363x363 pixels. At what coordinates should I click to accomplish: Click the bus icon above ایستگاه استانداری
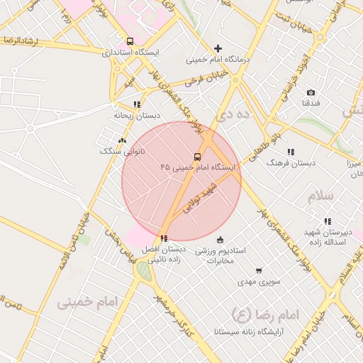pos(129,41)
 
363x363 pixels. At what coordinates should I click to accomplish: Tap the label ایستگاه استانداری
pos(131,53)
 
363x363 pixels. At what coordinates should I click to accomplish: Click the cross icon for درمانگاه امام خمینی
pos(218,48)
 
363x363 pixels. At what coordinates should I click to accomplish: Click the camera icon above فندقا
pos(311,93)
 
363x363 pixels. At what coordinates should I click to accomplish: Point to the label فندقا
pos(311,104)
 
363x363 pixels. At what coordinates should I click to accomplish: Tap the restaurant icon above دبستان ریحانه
pos(137,104)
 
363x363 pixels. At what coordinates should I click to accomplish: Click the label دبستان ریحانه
pos(137,115)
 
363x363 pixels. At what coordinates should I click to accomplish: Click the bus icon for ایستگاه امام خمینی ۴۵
pos(196,157)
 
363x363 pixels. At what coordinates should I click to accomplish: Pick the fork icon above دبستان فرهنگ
pos(291,152)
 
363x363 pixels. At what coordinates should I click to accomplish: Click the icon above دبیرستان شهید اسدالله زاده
pos(327,221)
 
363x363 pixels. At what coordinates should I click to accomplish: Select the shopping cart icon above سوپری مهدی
pos(259,270)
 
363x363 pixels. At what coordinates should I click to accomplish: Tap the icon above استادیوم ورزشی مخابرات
pos(220,239)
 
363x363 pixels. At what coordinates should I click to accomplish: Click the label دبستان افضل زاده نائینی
pos(164,255)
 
